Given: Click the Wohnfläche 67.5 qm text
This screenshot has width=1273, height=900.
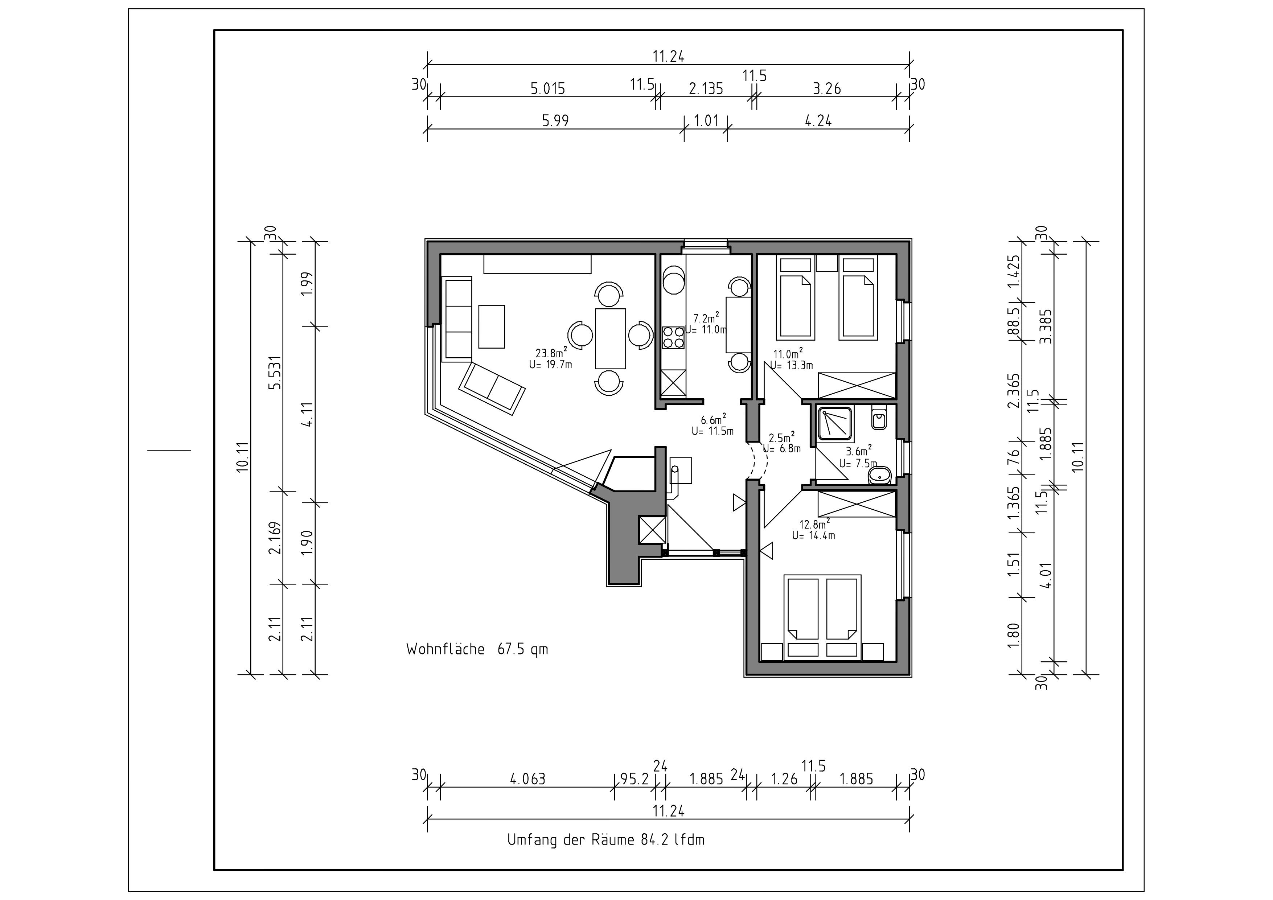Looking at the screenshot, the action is (477, 649).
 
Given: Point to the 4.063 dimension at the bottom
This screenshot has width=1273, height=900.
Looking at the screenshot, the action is (528, 779).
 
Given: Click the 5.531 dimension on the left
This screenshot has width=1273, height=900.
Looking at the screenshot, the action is (275, 373).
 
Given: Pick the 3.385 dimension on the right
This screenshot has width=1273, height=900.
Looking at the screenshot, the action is (1047, 326).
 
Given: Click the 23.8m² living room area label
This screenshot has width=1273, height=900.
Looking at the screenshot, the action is (551, 353).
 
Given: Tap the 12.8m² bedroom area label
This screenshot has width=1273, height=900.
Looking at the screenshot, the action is (814, 523).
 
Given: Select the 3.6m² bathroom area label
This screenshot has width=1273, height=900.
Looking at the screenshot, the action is (858, 450).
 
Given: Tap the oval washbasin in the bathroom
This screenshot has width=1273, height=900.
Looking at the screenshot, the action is (879, 475).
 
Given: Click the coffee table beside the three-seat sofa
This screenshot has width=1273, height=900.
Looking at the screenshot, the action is (491, 326).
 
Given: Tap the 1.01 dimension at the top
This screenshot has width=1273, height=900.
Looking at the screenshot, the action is (706, 121).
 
